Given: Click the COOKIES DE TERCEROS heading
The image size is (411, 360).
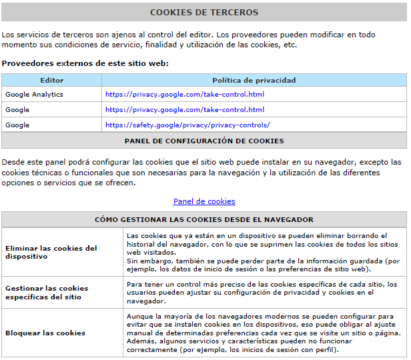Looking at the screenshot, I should click(204, 12).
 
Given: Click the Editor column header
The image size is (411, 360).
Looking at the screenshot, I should click(51, 80).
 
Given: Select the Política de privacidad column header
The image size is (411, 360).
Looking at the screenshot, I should click(254, 80).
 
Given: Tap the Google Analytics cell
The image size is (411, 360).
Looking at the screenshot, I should click(34, 95).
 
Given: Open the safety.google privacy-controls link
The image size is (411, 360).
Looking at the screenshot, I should click(187, 125).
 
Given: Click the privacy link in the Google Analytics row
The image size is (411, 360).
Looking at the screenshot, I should click(185, 95).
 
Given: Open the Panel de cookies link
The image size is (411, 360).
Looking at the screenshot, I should click(204, 201).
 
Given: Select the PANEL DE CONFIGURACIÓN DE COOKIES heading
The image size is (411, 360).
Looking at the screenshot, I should click(204, 141).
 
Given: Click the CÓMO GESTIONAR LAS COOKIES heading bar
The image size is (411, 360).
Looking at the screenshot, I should click(204, 219).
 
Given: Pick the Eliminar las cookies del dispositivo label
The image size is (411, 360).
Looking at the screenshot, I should click(51, 252).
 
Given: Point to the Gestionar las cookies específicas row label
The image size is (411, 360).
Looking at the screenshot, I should click(47, 292).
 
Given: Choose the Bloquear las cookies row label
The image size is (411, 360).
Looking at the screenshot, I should click(45, 333).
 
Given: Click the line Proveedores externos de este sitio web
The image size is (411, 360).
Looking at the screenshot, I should click(85, 63).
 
